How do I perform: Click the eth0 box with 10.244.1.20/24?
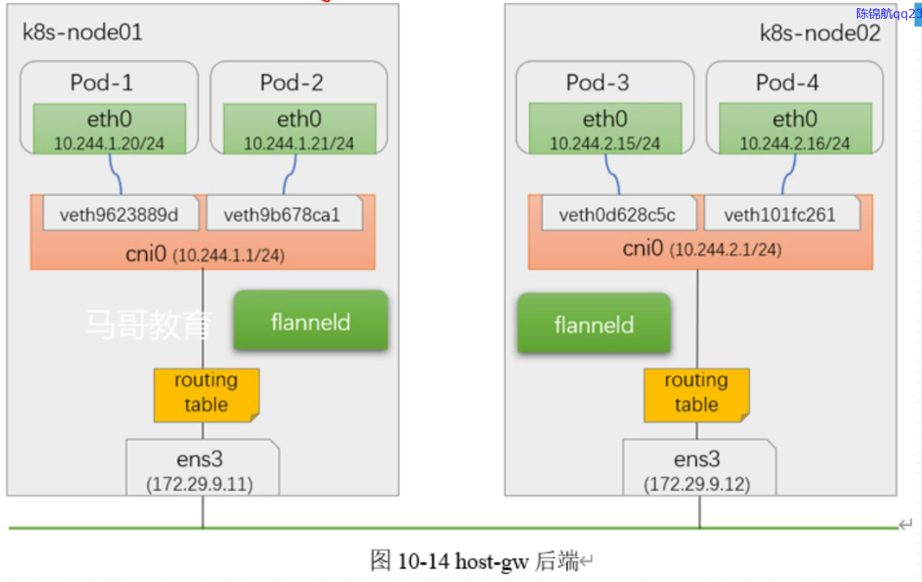coord(110,129)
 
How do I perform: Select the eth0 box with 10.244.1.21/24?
coord(299,129)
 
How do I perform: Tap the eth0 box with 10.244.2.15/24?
coord(605,128)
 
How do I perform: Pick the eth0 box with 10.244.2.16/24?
coord(795,128)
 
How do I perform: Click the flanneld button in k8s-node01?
coord(311,321)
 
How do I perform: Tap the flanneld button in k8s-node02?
coord(594,323)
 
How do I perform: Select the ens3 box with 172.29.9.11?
coord(202,468)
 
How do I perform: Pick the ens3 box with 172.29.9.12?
coord(699,468)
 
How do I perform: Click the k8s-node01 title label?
coord(82,32)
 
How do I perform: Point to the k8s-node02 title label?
coord(820,33)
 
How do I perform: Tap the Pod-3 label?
coord(597,82)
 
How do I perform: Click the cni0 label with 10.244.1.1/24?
coord(205,255)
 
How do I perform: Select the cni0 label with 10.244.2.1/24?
coord(701,248)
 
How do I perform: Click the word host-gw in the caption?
coord(492,562)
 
